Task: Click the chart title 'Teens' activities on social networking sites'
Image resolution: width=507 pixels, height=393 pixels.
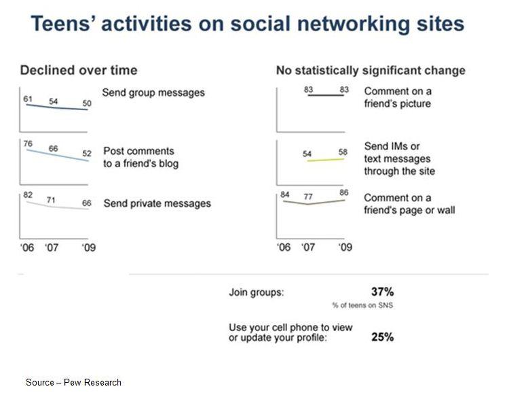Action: click(248, 24)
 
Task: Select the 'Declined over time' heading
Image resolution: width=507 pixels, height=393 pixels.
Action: click(79, 70)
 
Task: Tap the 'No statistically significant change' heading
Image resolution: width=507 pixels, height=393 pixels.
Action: click(371, 70)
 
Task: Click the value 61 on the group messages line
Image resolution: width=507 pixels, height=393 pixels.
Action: click(29, 99)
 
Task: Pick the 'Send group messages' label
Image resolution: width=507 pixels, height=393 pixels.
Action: click(153, 92)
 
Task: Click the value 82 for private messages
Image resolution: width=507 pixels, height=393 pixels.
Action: click(29, 195)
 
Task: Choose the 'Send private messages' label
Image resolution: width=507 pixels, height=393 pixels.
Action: click(157, 203)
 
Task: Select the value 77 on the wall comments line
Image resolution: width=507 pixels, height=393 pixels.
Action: click(308, 197)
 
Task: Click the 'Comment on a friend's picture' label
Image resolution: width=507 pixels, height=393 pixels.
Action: click(398, 97)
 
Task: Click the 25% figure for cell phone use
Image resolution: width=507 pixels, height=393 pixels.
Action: click(383, 337)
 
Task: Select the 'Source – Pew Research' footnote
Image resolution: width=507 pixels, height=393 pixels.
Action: click(73, 382)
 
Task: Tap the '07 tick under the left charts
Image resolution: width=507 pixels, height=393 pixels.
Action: click(52, 247)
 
